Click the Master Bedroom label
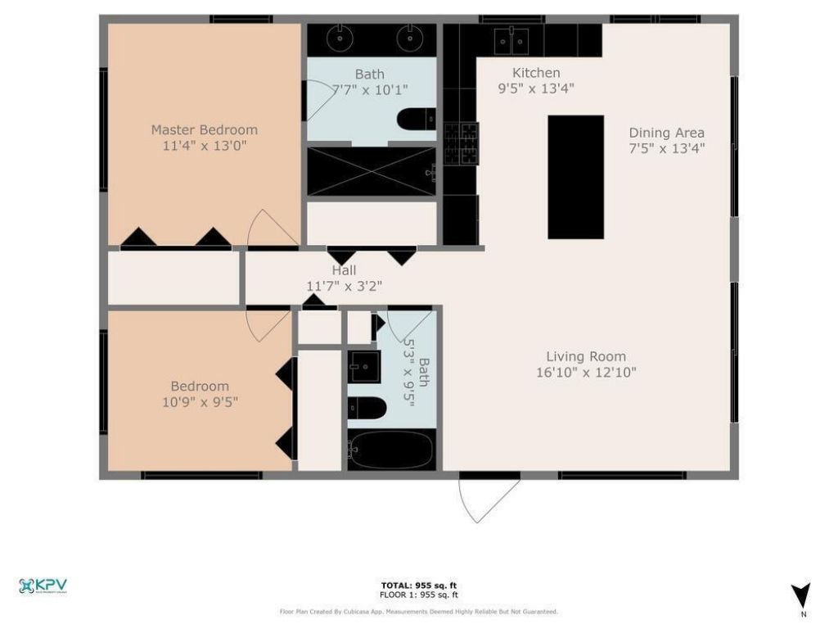coord(204,129)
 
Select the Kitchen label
coord(536,73)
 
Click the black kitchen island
coord(575,177)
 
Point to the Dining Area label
coord(666,133)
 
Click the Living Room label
coord(586,356)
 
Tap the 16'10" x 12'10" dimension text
coord(586,373)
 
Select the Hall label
coord(344,270)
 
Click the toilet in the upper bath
coord(417,121)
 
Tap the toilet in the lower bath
coord(367,407)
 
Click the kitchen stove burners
coord(461,143)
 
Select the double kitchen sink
coord(512,38)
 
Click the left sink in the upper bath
coord(337,38)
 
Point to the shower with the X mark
coord(371,171)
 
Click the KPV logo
coord(43,586)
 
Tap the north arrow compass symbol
coord(801,595)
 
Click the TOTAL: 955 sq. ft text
coord(418,585)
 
